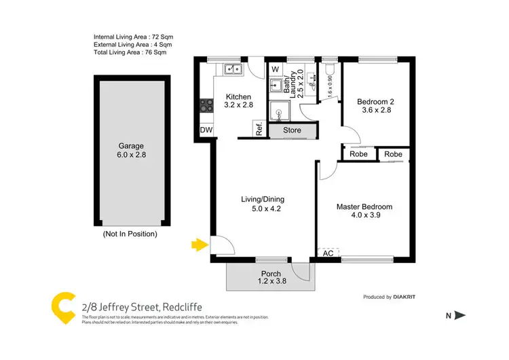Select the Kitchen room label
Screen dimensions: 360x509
tap(238, 97)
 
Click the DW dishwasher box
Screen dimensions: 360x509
tap(206, 130)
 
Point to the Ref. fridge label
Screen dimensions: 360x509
tap(259, 129)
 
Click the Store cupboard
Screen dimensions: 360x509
tap(292, 130)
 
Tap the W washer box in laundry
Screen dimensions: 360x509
tap(275, 69)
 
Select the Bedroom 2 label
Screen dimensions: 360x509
tap(375, 103)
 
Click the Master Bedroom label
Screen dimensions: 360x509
tap(364, 207)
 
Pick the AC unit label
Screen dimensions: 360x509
tap(328, 253)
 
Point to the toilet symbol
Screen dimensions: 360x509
tap(330, 70)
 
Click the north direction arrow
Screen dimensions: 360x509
tap(459, 315)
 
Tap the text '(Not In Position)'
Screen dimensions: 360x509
tap(130, 234)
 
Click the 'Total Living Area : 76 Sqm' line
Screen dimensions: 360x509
tap(130, 52)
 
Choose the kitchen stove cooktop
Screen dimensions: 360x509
tap(206, 106)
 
